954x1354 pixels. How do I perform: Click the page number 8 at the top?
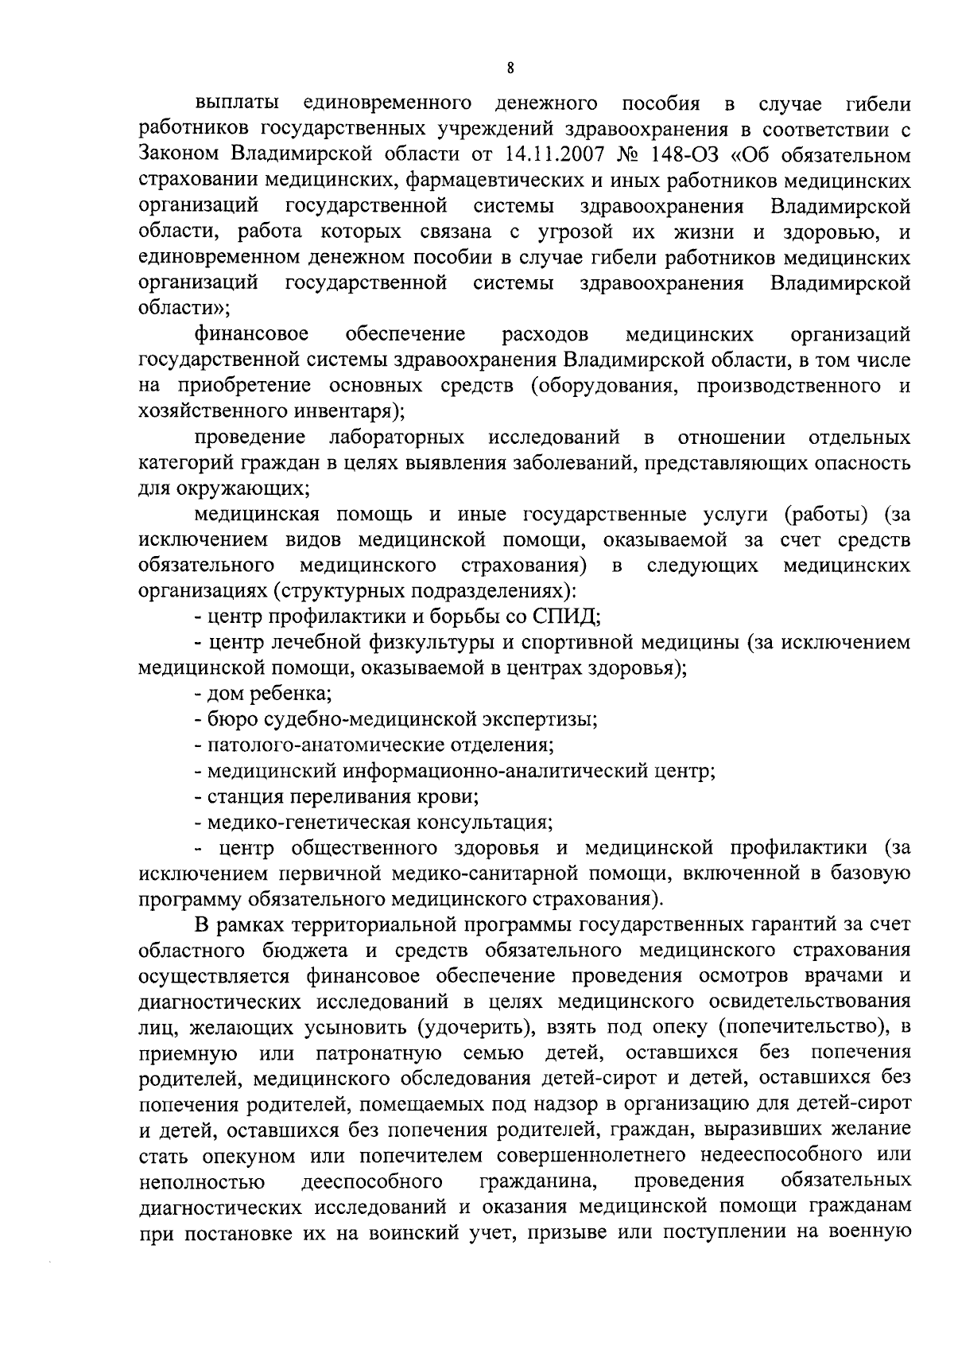click(510, 68)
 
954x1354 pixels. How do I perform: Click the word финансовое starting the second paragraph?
click(253, 333)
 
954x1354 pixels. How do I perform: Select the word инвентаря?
click(339, 411)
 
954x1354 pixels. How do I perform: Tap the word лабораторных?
click(397, 437)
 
